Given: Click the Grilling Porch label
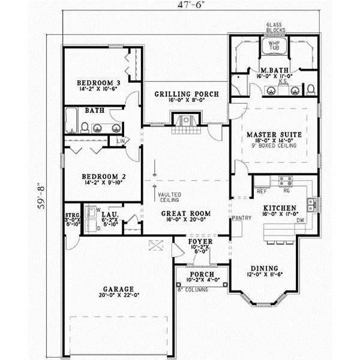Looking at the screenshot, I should pyautogui.click(x=186, y=94).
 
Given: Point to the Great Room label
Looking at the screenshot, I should pyautogui.click(x=186, y=213).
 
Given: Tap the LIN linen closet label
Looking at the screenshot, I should pyautogui.click(x=121, y=141).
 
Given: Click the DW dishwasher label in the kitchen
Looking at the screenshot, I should pyautogui.click(x=299, y=221).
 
